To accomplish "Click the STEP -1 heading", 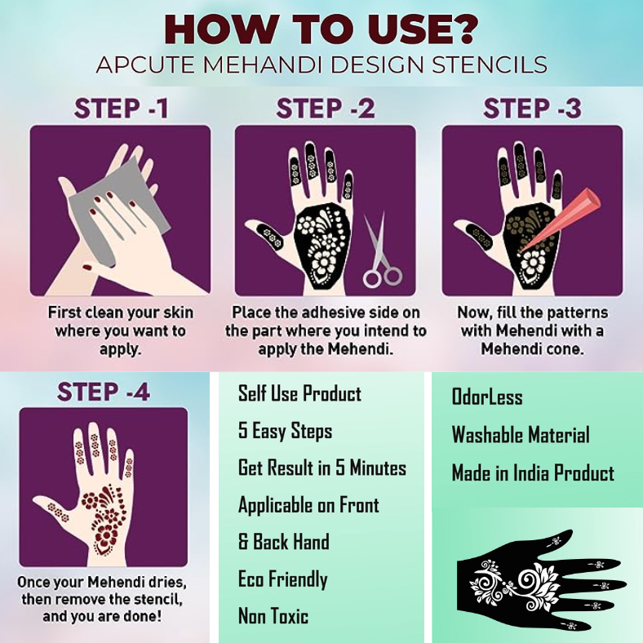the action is click(x=122, y=109).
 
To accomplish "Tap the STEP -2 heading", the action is click(x=326, y=109).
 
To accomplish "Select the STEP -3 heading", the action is click(x=532, y=109).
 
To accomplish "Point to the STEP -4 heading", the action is click(x=104, y=391).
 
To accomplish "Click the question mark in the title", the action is click(x=463, y=29).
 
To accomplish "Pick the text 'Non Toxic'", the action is click(x=273, y=616).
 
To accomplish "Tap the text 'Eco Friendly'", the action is click(x=283, y=580).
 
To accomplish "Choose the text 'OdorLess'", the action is click(x=487, y=397).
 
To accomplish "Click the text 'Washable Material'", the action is click(x=521, y=435).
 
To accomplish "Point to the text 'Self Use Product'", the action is click(x=299, y=393).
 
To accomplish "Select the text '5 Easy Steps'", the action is click(x=286, y=432).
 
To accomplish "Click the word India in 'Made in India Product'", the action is click(x=531, y=472).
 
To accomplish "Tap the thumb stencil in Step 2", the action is click(x=268, y=235).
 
